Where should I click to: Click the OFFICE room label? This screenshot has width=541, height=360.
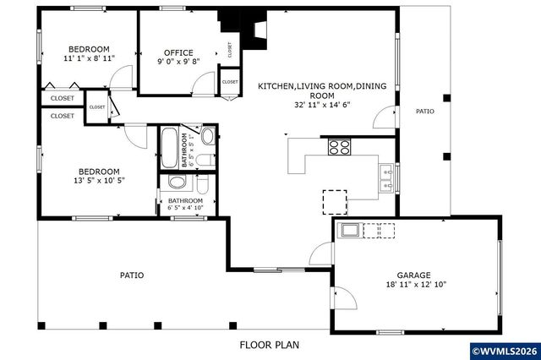(178, 52)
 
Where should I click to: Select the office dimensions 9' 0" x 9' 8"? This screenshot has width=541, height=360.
(178, 62)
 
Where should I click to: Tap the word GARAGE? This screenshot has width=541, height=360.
(414, 275)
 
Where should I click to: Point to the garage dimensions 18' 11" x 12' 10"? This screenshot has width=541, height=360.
(414, 286)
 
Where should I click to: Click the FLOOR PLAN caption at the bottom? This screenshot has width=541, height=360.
(269, 345)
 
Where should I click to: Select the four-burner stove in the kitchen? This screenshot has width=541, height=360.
(339, 147)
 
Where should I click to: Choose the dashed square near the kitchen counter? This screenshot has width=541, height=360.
(334, 201)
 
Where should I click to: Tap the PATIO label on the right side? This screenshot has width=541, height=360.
(424, 111)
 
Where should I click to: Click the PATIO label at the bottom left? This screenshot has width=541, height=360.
(131, 275)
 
